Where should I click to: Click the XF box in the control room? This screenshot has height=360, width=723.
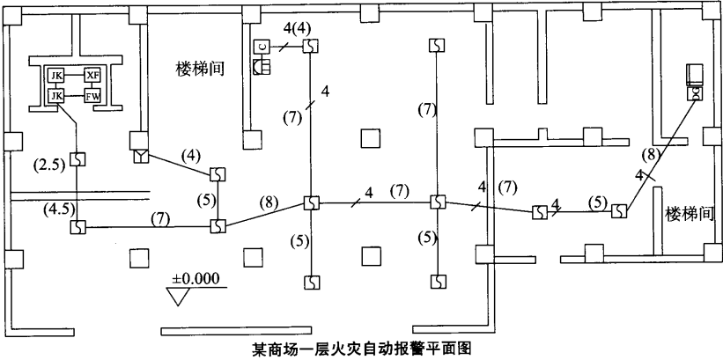tap(92, 76)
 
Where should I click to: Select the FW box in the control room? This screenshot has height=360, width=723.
tap(92, 94)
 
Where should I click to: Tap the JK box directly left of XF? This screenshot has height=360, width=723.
tap(56, 76)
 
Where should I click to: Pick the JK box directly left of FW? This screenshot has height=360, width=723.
tap(56, 94)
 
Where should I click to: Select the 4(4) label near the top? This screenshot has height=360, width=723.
tap(297, 29)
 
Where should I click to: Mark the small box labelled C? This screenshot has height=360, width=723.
tap(262, 47)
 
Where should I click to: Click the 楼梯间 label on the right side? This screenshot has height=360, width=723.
tap(688, 213)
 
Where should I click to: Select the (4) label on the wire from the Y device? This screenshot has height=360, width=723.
tap(190, 156)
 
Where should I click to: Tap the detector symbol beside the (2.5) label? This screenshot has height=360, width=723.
tap(77, 160)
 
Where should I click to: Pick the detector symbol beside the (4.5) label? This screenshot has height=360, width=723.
tap(77, 226)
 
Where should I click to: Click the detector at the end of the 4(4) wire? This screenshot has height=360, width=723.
tap(311, 45)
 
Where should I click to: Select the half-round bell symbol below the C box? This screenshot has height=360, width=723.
tap(261, 67)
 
